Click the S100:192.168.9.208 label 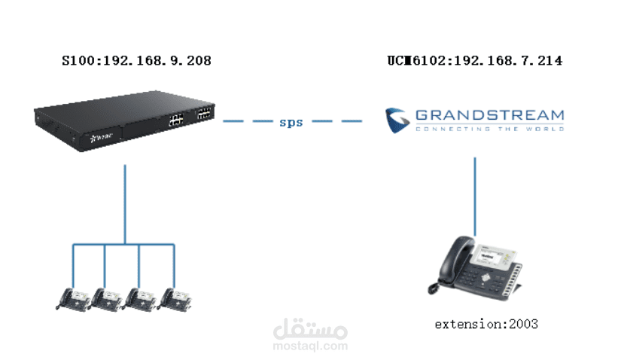(137, 61)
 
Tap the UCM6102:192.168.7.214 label (475, 61)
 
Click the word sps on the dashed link (291, 122)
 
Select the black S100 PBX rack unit (124, 121)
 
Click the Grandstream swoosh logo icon (397, 121)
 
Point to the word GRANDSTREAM (490, 115)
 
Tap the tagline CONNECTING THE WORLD (490, 129)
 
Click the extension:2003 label (486, 325)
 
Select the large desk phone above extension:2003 (475, 268)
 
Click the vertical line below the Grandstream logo (475, 197)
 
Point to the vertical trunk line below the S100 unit (125, 204)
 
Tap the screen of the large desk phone (490, 257)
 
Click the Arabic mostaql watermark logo (310, 328)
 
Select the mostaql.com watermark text (310, 346)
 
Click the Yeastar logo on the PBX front (102, 138)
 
